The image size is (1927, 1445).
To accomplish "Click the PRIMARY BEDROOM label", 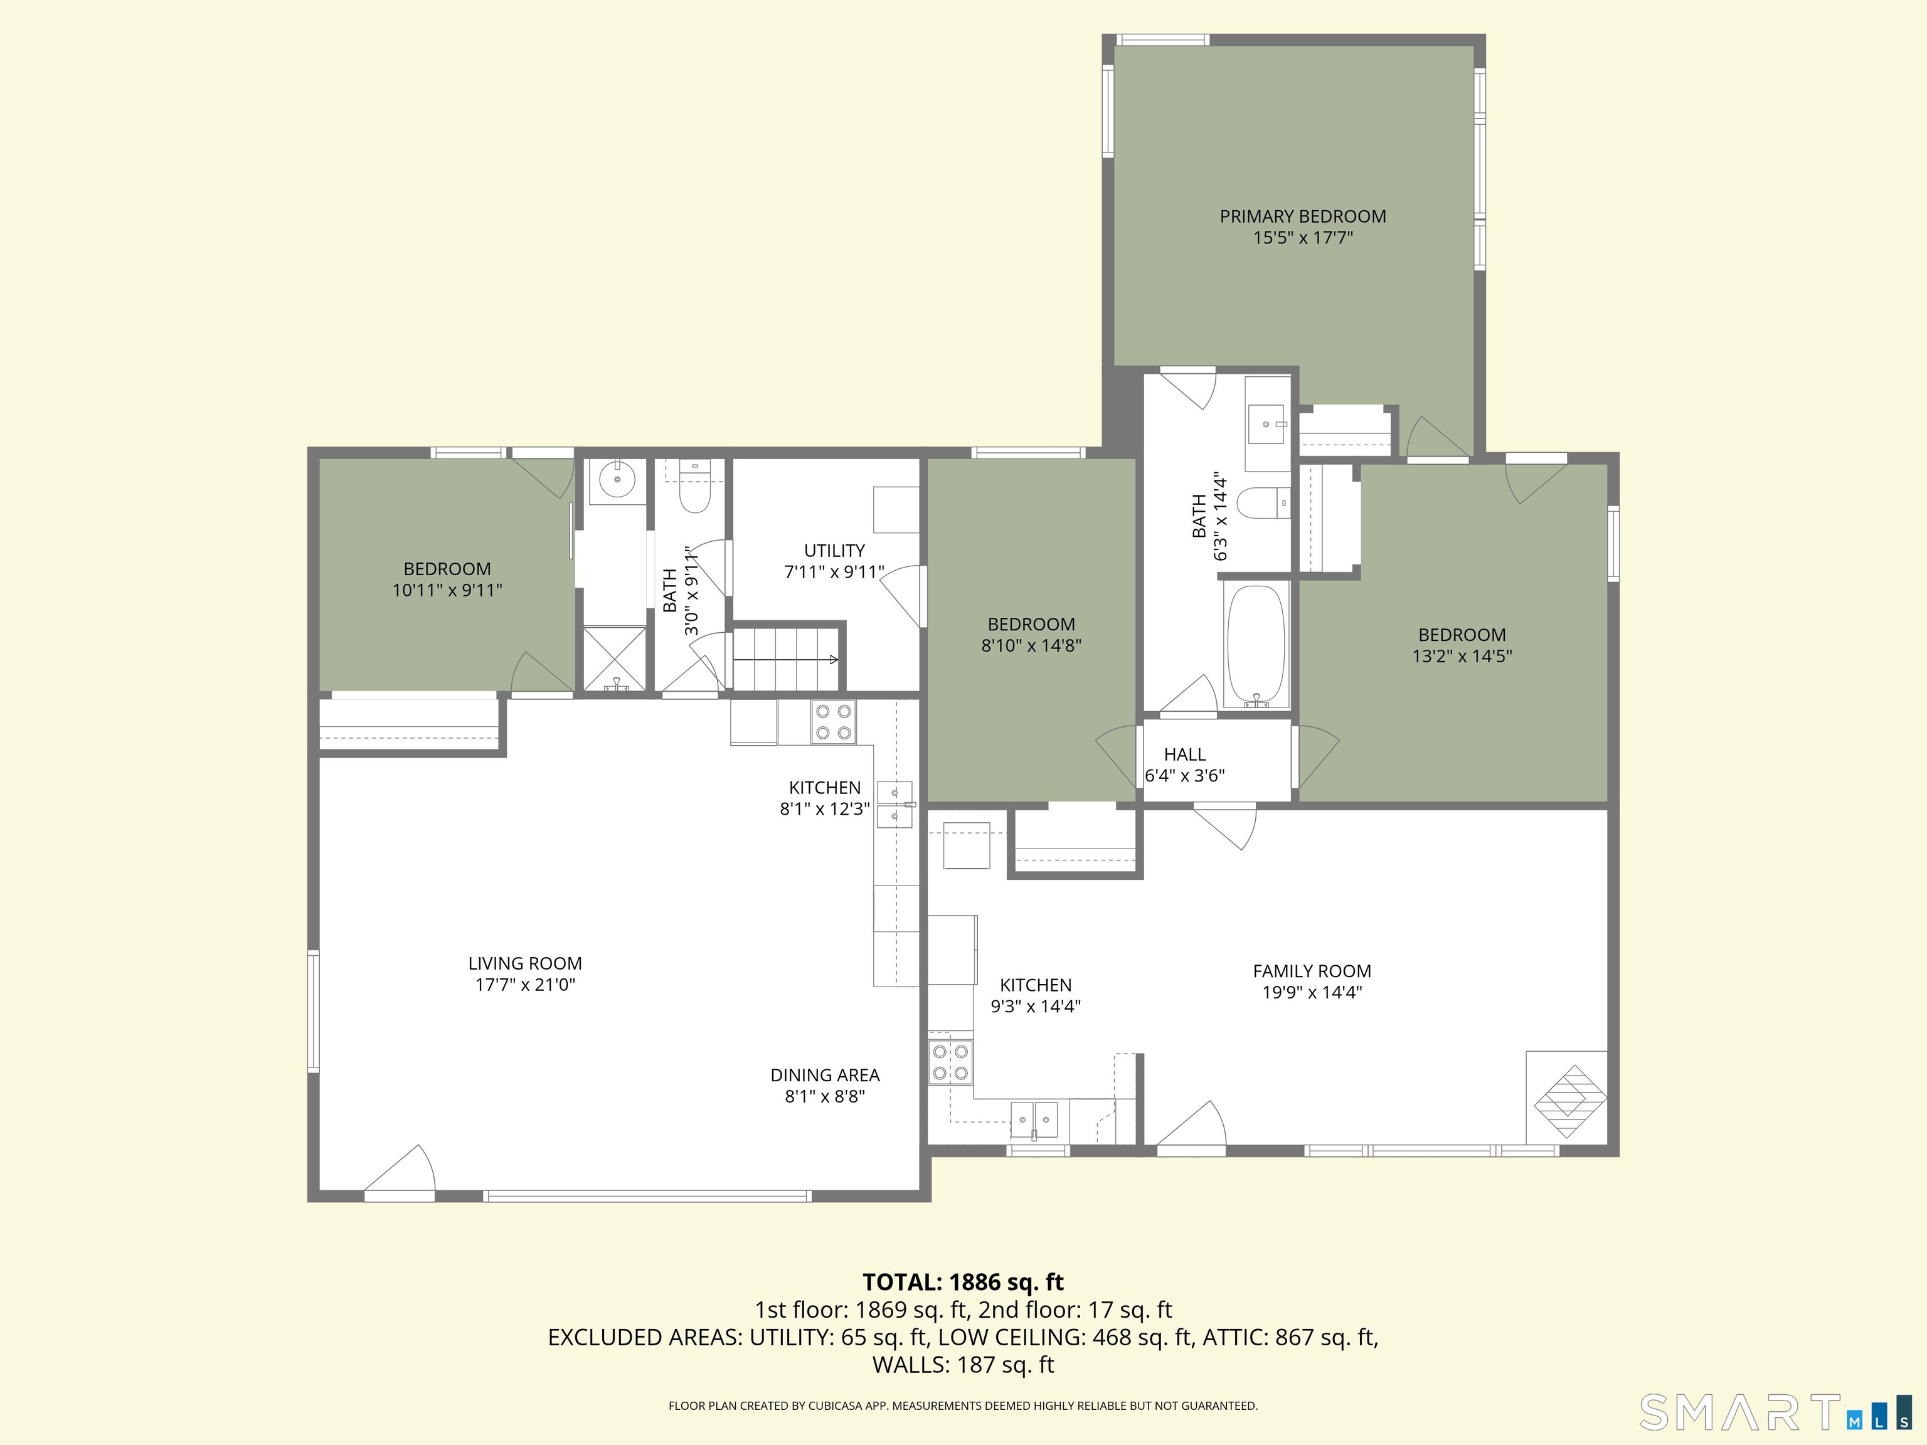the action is coord(1302,216).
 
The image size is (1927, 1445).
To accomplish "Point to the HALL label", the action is coord(1185,754).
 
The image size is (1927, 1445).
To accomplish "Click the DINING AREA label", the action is coord(825,1075).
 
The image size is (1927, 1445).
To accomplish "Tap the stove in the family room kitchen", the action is coord(950,1062).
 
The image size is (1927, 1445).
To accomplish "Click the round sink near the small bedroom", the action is coord(618,480).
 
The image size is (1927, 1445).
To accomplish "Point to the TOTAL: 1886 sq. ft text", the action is coord(963,1282).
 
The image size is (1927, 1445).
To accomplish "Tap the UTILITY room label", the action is coord(834,551).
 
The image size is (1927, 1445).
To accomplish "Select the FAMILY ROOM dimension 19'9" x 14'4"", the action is coord(1312,992).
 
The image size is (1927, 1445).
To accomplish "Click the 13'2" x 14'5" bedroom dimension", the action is coord(1462,656).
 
